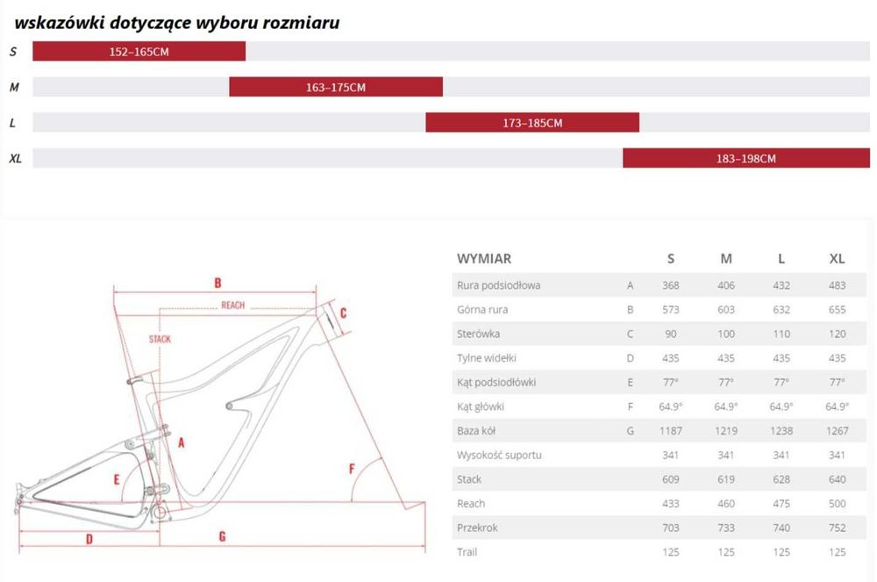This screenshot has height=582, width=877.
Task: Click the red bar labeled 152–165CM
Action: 139,52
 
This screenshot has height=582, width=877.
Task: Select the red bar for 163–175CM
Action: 336,87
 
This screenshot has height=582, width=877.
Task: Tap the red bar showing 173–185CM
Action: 532,123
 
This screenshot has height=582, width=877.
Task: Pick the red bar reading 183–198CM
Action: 745,159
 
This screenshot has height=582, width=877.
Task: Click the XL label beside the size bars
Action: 15,159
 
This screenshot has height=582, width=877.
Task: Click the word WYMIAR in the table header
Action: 484,259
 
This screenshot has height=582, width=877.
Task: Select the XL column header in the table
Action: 837,259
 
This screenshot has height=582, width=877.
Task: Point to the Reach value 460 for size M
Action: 726,504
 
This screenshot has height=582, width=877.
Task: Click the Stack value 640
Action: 837,479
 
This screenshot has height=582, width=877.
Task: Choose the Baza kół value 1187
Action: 671,431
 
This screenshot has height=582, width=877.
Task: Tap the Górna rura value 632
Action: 781,310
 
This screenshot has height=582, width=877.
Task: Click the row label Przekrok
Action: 477,528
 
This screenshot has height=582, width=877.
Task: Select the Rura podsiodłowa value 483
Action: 837,285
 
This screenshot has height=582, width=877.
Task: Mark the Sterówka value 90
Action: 671,334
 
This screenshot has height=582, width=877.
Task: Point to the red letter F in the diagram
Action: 352,469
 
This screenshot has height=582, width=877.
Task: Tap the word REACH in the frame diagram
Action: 232,305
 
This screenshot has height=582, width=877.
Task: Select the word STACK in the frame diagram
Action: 160,339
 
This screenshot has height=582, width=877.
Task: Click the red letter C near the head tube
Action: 344,313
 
